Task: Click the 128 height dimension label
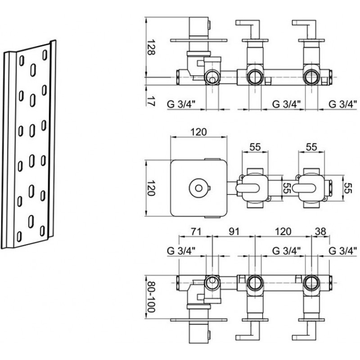151,47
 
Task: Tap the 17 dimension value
151,101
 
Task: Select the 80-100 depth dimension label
151,297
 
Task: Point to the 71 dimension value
196,231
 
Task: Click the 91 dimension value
234,231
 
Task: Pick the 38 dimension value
320,231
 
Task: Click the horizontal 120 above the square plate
198,132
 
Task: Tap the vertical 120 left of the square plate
151,188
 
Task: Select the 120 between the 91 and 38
283,231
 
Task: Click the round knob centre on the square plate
198,188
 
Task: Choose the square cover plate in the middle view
198,188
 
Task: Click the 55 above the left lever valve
255,147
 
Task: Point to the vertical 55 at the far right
348,188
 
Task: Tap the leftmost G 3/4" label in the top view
181,104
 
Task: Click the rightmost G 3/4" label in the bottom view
343,251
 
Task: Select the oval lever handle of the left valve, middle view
248,188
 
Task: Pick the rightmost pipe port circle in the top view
311,77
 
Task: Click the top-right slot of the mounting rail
45,55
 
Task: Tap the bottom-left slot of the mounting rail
19,237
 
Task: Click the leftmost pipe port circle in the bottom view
212,283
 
